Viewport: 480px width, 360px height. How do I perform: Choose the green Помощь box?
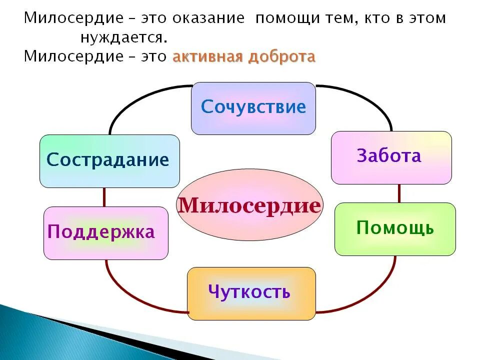[x=395, y=229]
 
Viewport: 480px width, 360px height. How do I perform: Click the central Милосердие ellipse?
[x=250, y=205]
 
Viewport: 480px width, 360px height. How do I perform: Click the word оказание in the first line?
[x=208, y=18]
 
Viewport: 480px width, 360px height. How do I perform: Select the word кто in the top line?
[x=369, y=18]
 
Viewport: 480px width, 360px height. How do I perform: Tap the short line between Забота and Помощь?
[x=399, y=193]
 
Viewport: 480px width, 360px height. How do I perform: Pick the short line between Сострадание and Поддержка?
[x=104, y=197]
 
